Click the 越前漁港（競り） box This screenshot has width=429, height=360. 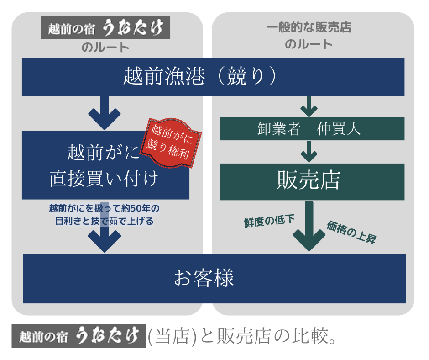click(213, 76)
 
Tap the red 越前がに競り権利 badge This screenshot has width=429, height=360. click(170, 143)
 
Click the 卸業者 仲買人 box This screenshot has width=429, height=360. click(312, 129)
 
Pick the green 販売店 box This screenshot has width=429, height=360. click(312, 181)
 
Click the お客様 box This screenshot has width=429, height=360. click(214, 278)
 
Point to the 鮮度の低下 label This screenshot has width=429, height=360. click(269, 221)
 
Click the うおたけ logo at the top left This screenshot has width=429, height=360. click(105, 28)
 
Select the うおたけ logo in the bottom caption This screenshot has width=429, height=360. click(78, 336)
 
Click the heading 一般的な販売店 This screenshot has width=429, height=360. click(309, 27)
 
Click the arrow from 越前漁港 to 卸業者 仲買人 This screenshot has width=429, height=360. click(309, 106)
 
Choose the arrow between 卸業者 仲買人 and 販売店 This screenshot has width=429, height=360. click(309, 152)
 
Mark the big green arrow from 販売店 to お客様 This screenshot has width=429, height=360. click(309, 226)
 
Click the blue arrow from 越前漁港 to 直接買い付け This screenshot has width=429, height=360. click(105, 113)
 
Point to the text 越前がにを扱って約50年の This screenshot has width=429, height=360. click(105, 209)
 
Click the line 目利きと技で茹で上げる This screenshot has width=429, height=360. click(105, 221)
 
